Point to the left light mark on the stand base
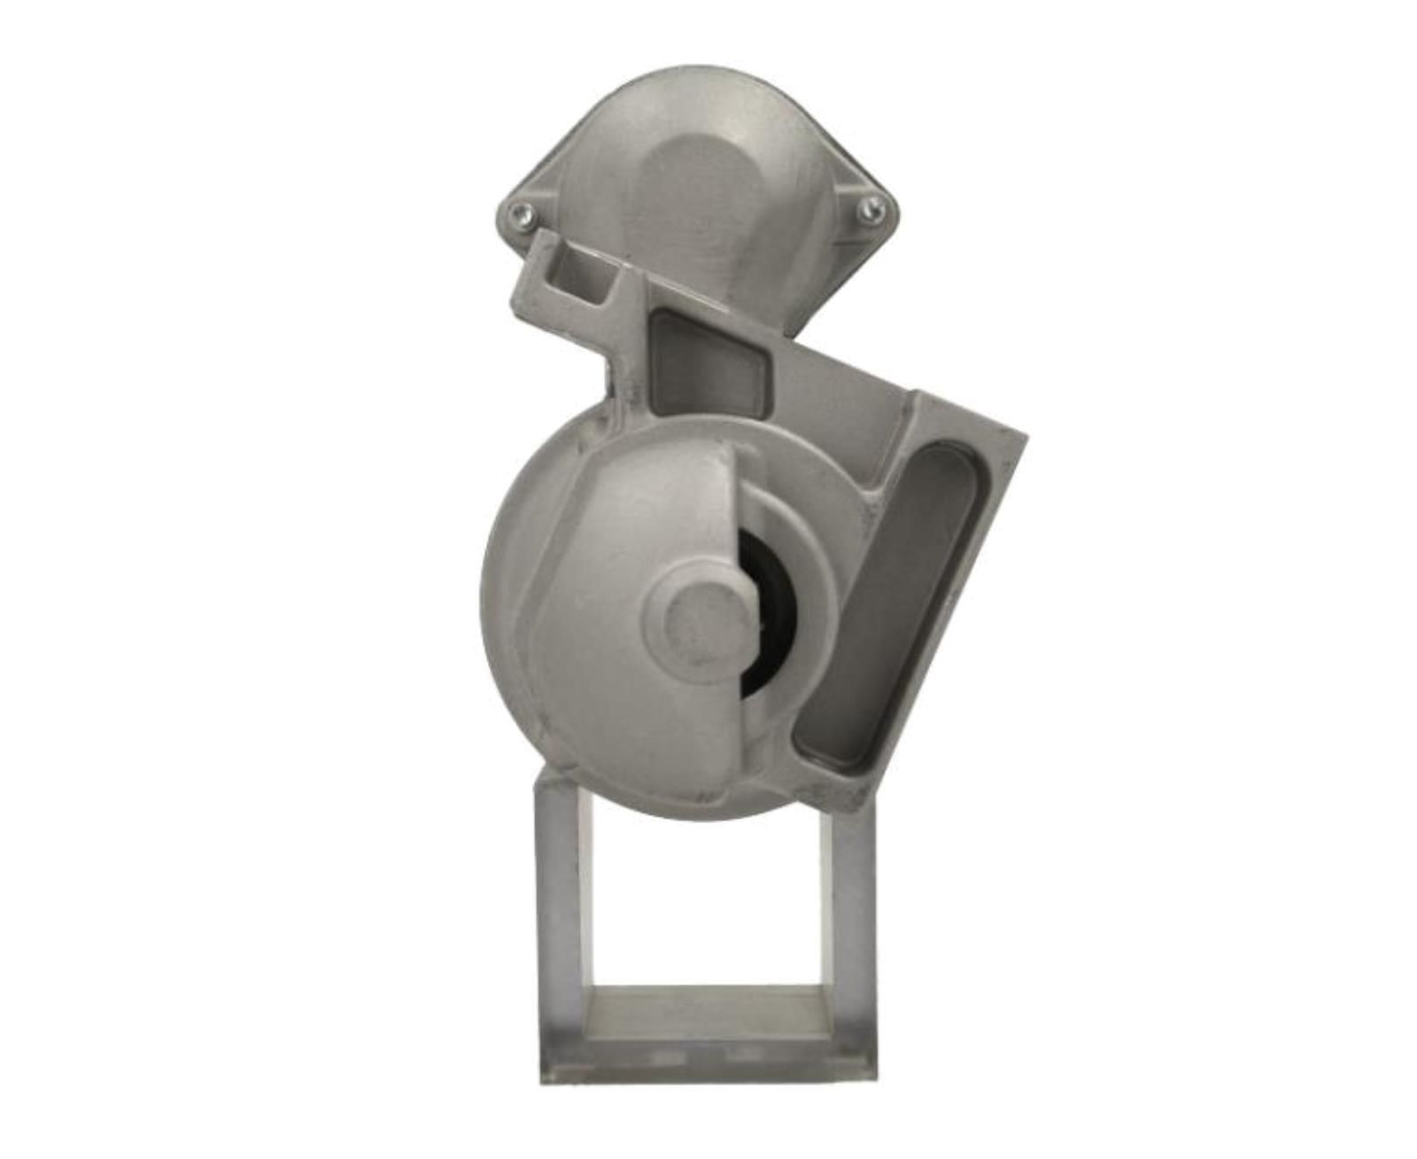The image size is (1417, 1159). coord(660,1055)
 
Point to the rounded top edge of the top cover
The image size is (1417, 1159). coord(700,71)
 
